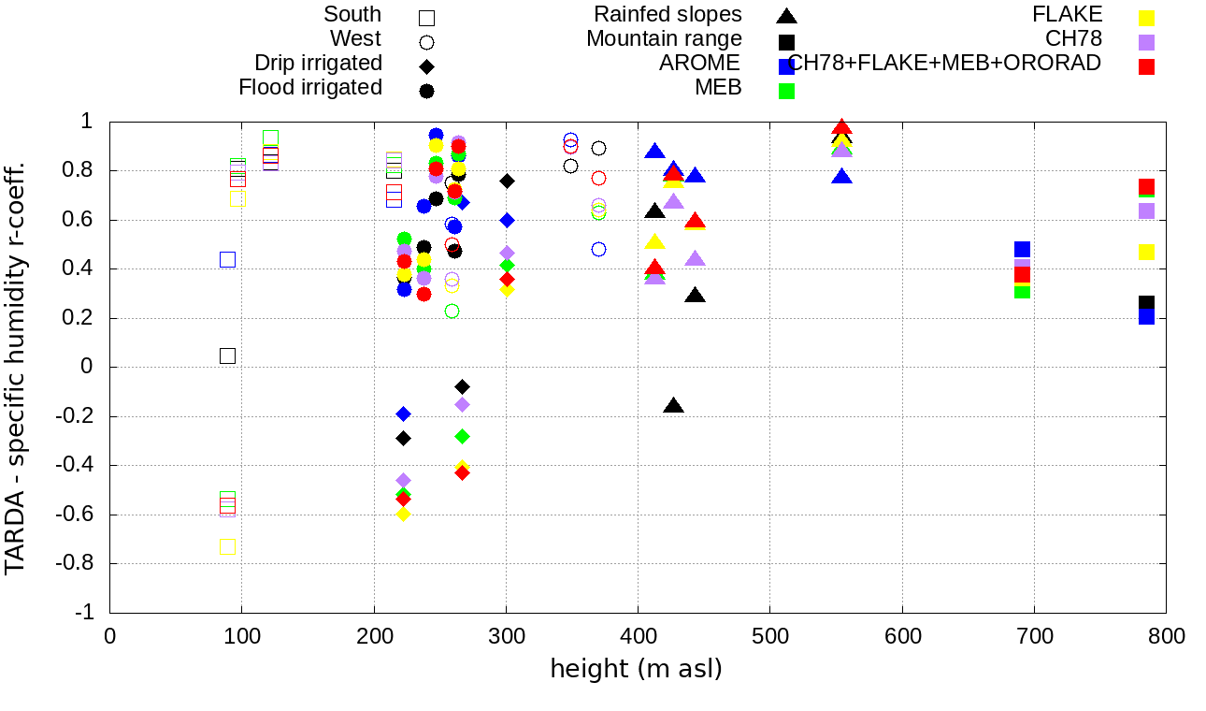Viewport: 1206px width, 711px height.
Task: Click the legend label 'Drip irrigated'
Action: (x=318, y=64)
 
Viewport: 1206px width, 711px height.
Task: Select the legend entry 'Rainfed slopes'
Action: (x=668, y=15)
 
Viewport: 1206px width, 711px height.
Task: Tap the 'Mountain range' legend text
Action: (x=664, y=39)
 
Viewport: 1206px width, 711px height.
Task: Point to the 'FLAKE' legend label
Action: (x=1067, y=15)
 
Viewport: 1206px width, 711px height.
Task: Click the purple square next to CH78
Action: (x=1147, y=42)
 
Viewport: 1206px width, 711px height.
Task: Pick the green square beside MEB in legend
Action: (x=786, y=91)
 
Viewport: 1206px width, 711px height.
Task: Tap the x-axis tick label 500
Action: (x=770, y=636)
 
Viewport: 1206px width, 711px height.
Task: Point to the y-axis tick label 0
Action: (x=87, y=367)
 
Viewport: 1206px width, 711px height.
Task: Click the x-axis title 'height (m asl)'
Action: (x=636, y=670)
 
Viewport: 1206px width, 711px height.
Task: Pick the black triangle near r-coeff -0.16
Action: (x=673, y=405)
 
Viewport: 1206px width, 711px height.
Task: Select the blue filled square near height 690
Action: (x=1022, y=250)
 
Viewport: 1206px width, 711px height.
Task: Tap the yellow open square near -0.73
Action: (x=227, y=546)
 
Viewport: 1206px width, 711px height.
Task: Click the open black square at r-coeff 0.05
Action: (x=227, y=355)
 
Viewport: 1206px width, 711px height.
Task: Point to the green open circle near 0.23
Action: (x=452, y=311)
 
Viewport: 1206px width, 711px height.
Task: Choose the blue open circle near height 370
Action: (x=598, y=249)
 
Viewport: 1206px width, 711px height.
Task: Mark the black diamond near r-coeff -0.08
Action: (x=462, y=386)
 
